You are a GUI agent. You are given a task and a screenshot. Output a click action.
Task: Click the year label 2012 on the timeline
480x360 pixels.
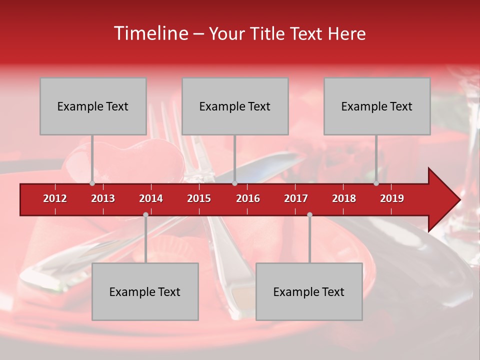(x=55, y=198)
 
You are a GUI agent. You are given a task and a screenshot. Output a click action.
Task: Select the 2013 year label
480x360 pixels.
(x=103, y=198)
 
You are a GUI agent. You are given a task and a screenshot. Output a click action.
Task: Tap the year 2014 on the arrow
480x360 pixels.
(x=151, y=198)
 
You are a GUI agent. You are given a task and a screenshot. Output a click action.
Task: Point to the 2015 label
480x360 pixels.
(x=199, y=198)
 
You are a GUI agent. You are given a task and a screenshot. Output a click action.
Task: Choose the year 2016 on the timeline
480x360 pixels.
(x=248, y=198)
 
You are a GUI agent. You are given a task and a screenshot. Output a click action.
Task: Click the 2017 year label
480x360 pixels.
(x=296, y=198)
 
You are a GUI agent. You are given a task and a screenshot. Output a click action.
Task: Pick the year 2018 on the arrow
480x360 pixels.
(x=344, y=198)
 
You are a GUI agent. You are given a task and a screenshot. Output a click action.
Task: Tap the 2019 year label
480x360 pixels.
(x=392, y=198)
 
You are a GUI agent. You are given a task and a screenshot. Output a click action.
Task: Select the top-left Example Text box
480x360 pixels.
(x=93, y=106)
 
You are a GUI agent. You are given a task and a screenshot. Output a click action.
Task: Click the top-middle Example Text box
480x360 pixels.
(x=235, y=106)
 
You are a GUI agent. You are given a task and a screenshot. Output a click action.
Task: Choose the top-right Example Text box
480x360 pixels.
(x=377, y=106)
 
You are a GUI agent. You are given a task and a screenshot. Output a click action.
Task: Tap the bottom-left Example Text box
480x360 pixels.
(x=145, y=291)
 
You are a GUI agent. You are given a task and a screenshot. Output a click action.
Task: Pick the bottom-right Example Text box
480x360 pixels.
(x=309, y=291)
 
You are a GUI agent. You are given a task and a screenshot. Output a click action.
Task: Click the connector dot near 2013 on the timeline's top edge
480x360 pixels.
(x=92, y=183)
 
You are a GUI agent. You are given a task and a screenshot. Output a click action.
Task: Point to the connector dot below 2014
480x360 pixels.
(x=145, y=214)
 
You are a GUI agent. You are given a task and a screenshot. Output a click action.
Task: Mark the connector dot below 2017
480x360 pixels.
(x=309, y=214)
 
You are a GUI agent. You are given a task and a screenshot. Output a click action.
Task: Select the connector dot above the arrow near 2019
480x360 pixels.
(x=376, y=183)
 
